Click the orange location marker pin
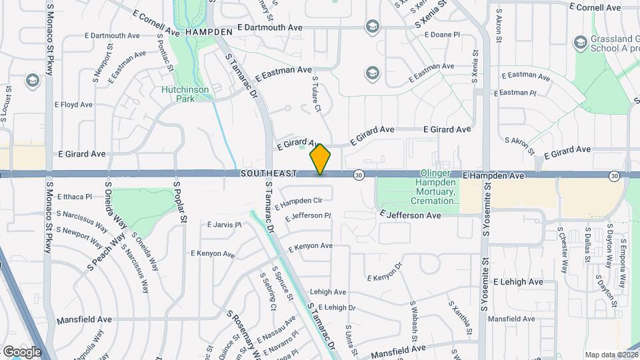pyautogui.click(x=321, y=159)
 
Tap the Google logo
pyautogui.click(x=21, y=351)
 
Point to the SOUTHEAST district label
pyautogui.click(x=269, y=173)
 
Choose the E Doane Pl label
pyautogui.click(x=442, y=33)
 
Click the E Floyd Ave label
pyautogui.click(x=73, y=105)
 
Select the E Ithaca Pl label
pyautogui.click(x=75, y=197)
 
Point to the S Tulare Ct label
pyautogui.click(x=317, y=94)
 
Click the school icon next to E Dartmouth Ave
pyautogui.click(x=372, y=27)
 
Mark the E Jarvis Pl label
pyautogui.click(x=224, y=225)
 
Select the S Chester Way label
pyautogui.click(x=563, y=250)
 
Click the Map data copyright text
pyautogui.click(x=611, y=355)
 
